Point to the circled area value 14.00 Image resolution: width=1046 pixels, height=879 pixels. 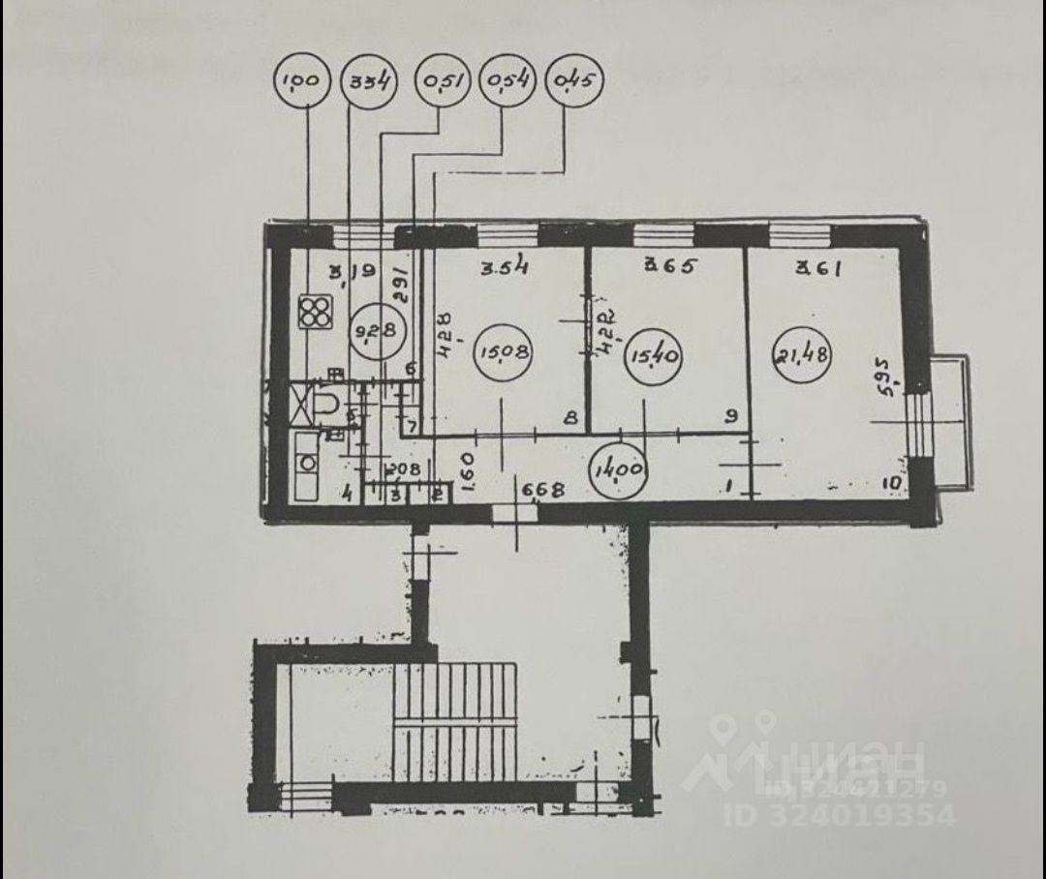[621, 470]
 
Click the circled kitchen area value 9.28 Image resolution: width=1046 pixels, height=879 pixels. [375, 331]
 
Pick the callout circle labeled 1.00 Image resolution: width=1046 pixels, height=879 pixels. [303, 80]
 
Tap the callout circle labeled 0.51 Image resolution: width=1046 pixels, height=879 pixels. [442, 80]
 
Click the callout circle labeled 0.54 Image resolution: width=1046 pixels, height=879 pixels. [508, 80]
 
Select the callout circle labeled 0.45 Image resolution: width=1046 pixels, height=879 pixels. [574, 80]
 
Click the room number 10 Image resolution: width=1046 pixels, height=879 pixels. [892, 481]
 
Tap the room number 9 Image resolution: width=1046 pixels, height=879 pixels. [732, 417]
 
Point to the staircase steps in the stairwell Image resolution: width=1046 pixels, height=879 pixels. [455, 720]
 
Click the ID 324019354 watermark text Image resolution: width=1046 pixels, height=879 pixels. [840, 815]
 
